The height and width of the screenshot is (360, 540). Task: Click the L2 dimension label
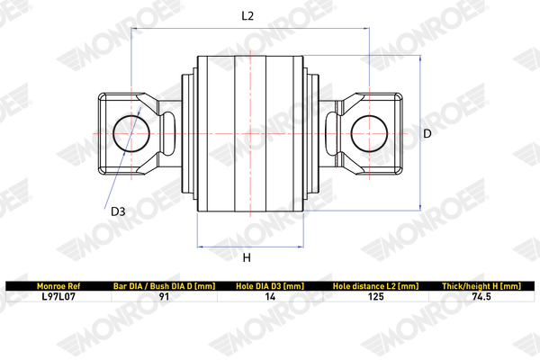point(247,16)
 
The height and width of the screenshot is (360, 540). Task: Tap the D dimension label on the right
point(427,133)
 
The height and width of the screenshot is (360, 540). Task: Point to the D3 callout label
point(118,211)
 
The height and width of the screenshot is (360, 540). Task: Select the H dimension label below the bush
point(247,257)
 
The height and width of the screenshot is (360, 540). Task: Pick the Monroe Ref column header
point(58,286)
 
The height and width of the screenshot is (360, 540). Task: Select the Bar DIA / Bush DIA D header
point(165,286)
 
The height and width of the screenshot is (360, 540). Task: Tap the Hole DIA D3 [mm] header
point(270,286)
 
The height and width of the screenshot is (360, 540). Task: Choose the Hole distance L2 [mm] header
point(375,286)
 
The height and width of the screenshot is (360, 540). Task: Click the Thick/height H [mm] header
point(481,286)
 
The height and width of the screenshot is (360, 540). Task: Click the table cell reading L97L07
point(58,297)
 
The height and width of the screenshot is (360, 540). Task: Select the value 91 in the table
point(165,297)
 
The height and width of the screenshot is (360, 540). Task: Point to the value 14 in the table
point(270,297)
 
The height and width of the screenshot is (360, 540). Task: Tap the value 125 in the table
point(375,297)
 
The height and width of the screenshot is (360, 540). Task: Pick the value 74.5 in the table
point(481,297)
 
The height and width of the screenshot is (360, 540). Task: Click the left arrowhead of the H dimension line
point(199,247)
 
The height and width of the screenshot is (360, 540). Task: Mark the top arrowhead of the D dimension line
point(420,58)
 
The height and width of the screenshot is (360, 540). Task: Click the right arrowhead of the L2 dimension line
point(367,28)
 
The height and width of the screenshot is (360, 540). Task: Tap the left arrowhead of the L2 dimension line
point(133,28)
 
